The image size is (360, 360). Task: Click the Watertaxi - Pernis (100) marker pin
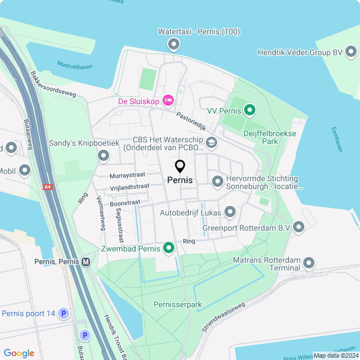(174, 43)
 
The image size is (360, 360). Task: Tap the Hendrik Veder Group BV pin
(351, 52)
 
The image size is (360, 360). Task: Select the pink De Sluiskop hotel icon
(168, 101)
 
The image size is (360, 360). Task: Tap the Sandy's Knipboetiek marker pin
(103, 155)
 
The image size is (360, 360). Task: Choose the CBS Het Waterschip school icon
(211, 142)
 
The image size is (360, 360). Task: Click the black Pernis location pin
(180, 166)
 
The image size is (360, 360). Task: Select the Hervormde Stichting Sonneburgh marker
(218, 181)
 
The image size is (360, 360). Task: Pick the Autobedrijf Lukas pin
(229, 212)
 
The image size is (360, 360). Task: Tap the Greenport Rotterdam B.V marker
(299, 227)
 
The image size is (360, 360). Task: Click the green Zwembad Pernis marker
(168, 247)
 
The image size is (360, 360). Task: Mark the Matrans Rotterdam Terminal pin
(308, 263)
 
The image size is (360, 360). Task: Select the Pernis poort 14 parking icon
(64, 313)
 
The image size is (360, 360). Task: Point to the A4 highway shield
(47, 186)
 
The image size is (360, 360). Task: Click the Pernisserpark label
(177, 304)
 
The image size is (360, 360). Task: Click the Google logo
(19, 353)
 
